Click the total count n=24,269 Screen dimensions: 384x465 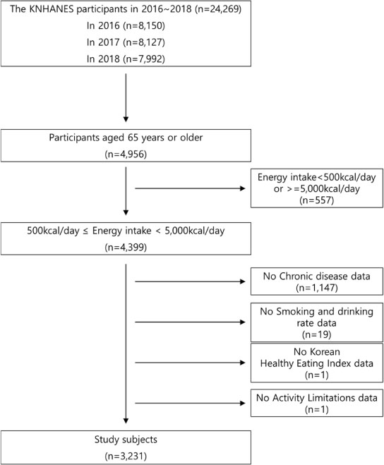218,9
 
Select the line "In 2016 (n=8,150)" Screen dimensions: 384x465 126,26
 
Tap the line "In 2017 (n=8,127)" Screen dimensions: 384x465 126,42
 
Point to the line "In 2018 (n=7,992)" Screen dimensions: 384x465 126,59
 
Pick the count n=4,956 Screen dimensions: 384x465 126,155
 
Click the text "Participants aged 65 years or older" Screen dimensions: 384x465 126,138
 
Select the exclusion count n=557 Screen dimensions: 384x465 317,200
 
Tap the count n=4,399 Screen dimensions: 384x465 126,248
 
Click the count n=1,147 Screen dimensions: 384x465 317,288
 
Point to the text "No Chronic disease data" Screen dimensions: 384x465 317,277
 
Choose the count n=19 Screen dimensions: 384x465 317,334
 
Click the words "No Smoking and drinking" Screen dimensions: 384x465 317,312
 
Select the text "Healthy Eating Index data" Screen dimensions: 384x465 317,363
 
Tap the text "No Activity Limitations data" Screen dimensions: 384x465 317,398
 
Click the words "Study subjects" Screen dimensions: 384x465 126,440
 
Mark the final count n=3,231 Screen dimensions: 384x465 126,456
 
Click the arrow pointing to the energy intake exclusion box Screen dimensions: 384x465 190,188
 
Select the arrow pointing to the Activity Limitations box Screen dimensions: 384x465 190,403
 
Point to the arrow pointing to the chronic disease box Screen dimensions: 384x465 190,282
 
